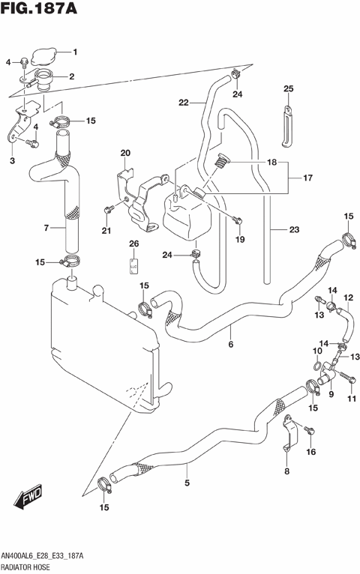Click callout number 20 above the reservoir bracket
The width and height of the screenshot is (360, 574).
pos(125,154)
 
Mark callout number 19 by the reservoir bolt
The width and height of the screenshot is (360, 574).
pos(240,240)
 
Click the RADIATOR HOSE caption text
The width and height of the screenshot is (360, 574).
pos(27,567)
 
